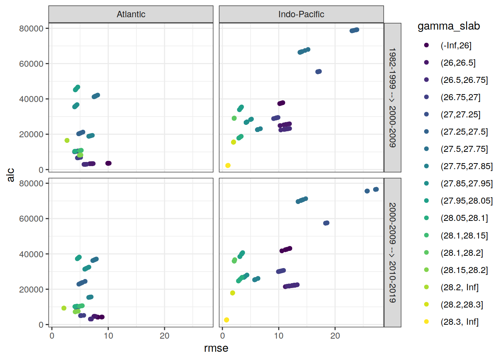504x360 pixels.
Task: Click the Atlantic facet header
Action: tap(131, 14)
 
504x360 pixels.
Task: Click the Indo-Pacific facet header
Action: tap(301, 14)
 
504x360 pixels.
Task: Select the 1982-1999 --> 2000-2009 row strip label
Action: tap(392, 97)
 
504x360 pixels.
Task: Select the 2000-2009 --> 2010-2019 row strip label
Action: tap(392, 252)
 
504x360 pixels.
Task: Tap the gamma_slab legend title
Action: tap(448, 26)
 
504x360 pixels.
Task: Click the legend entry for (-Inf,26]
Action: tap(456, 45)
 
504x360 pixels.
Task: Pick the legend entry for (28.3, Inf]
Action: tap(459, 322)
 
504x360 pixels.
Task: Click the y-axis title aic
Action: tap(10, 175)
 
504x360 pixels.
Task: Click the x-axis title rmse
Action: tap(216, 348)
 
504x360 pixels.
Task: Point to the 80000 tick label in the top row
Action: tap(31, 28)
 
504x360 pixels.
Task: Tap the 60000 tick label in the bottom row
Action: tap(31, 219)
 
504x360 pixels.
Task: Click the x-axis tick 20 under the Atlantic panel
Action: tap(165, 336)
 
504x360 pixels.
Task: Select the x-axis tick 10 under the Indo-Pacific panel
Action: tap(279, 336)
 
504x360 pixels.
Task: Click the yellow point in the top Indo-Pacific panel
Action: tap(228, 165)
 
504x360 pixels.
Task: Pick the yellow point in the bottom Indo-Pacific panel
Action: tap(226, 320)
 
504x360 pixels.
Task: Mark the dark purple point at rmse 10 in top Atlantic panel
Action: tap(108, 163)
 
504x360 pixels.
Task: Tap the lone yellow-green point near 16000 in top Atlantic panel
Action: tap(67, 140)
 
